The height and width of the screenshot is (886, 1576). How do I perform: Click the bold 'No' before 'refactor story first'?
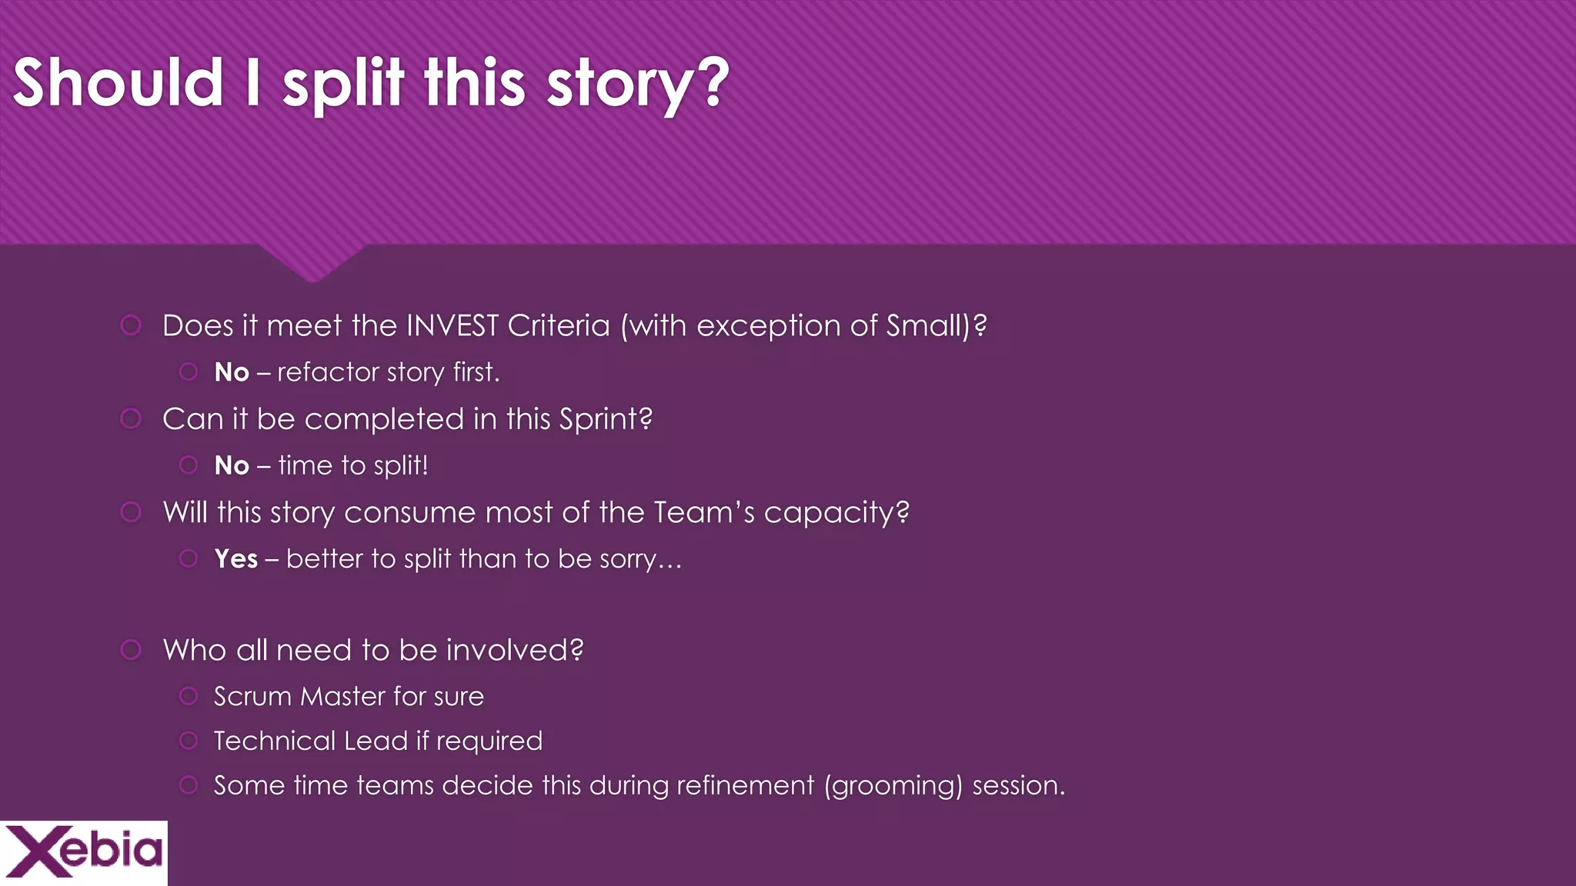point(232,373)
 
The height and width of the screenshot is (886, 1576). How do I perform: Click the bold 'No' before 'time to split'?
point(232,466)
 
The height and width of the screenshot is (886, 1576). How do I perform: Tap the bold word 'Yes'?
point(235,559)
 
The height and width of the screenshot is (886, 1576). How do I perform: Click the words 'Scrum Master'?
point(299,697)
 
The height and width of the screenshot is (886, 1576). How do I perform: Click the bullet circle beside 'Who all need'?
point(131,651)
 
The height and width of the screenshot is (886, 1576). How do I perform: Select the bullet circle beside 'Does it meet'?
point(131,326)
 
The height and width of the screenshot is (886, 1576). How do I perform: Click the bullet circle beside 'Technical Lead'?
point(189,741)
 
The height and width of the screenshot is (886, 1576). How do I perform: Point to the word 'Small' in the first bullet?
point(927,326)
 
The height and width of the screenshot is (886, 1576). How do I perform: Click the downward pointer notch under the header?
point(312,265)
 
